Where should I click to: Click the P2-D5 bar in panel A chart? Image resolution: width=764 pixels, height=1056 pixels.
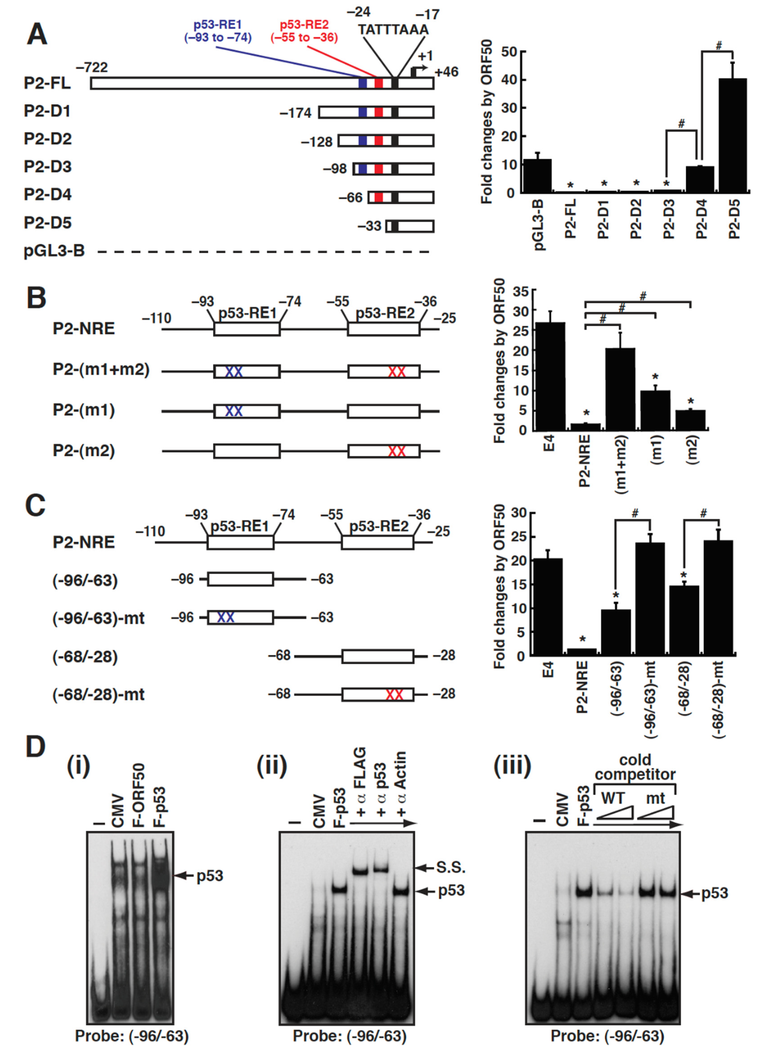click(x=732, y=135)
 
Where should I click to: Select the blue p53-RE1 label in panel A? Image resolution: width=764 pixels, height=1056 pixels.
click(x=218, y=31)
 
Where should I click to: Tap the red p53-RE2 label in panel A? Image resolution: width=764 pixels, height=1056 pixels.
click(x=304, y=31)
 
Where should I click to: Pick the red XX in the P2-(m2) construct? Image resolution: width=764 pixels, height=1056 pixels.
click(x=397, y=451)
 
